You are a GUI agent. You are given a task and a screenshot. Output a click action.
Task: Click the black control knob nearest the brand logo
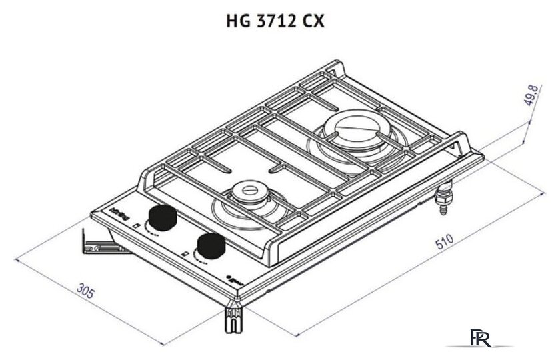coord(161,217)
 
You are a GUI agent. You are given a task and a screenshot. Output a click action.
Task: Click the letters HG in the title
coord(237,21)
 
